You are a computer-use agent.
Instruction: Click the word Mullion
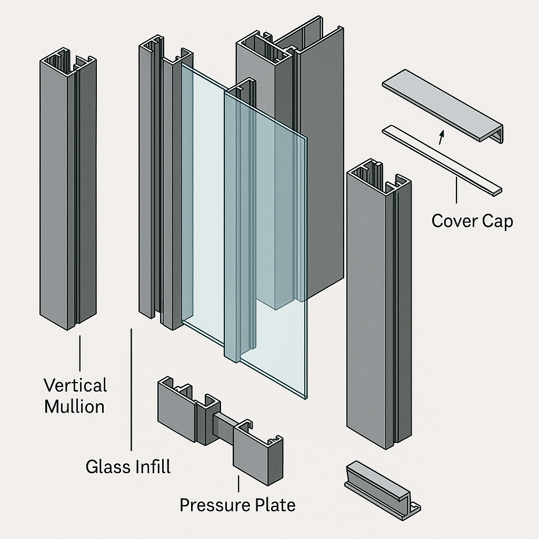pos(74,407)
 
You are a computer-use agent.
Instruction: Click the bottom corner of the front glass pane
pos(305,397)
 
